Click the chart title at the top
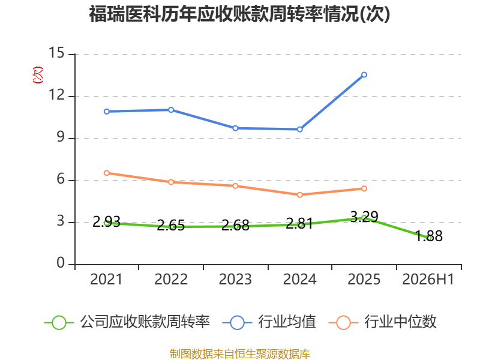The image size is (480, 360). click(239, 14)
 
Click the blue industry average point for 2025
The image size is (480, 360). click(364, 74)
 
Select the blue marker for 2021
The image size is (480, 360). click(107, 112)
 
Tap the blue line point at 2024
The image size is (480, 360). click(299, 129)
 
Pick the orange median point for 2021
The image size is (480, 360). click(107, 173)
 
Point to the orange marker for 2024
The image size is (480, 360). click(299, 194)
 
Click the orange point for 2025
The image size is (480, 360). click(364, 188)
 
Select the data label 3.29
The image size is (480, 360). click(364, 217)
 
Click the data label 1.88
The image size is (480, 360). click(428, 236)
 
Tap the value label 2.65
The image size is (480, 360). click(171, 226)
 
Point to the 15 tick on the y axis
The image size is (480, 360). click(56, 53)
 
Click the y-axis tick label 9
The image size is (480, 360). click(61, 137)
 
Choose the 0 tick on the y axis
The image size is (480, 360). click(61, 263)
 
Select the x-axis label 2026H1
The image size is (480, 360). click(428, 280)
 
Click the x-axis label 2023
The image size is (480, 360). click(235, 280)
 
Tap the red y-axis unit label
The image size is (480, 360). click(38, 75)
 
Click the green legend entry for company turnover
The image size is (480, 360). click(127, 322)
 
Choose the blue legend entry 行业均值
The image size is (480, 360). click(269, 322)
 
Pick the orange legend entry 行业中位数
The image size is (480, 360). click(382, 322)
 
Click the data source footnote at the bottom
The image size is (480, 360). click(239, 354)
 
